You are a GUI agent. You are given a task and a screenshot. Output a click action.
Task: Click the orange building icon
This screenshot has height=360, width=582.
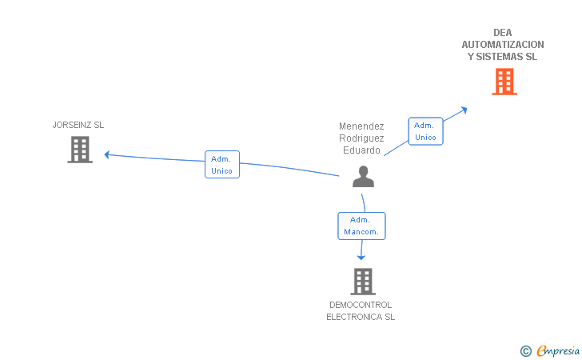tap(504, 82)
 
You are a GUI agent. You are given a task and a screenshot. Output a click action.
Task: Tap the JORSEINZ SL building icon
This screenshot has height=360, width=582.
tap(80, 150)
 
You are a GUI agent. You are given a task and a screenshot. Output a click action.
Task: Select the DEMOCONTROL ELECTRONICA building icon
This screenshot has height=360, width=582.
tap(363, 282)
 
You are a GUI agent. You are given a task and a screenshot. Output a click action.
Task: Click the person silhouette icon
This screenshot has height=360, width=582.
tap(363, 177)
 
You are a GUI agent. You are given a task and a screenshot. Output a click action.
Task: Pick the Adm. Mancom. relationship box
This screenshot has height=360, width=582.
tap(361, 226)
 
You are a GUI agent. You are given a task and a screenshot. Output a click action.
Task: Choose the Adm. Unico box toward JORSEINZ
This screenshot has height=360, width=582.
tap(222, 165)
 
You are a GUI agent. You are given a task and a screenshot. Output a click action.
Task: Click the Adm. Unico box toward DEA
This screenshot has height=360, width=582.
tap(425, 131)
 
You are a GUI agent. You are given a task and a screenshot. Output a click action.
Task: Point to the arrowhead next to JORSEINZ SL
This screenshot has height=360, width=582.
tap(106, 154)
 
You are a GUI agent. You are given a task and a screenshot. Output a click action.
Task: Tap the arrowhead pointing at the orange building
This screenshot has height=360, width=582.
tap(464, 110)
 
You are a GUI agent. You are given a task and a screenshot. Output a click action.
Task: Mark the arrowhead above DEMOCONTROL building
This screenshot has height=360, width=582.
tap(361, 258)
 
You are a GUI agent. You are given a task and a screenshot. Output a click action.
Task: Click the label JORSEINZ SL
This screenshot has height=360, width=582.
tap(78, 125)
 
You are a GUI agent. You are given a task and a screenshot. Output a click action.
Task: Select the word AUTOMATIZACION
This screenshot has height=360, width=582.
tap(503, 45)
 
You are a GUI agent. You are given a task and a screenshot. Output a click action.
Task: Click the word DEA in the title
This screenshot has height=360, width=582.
tap(503, 33)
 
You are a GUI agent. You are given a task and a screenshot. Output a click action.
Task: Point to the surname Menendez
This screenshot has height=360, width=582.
tap(361, 126)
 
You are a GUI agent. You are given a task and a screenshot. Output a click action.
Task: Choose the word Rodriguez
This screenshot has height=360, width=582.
tap(361, 138)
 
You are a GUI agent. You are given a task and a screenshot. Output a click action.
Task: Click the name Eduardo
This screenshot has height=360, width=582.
tap(361, 150)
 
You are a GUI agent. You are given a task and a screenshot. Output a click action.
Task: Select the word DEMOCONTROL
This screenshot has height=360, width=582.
tap(361, 305)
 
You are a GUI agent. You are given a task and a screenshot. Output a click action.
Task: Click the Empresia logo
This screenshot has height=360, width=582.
tap(550, 350)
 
